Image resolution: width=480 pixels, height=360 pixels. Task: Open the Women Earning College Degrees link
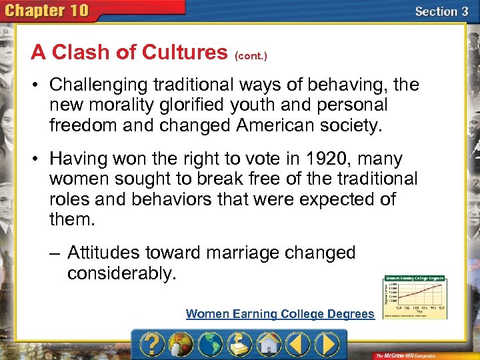280,314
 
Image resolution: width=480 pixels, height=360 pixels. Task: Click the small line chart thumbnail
415,298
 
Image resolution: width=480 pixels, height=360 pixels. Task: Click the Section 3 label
441,11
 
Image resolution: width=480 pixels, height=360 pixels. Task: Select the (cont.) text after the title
251,56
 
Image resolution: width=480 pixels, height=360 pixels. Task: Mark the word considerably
122,273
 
